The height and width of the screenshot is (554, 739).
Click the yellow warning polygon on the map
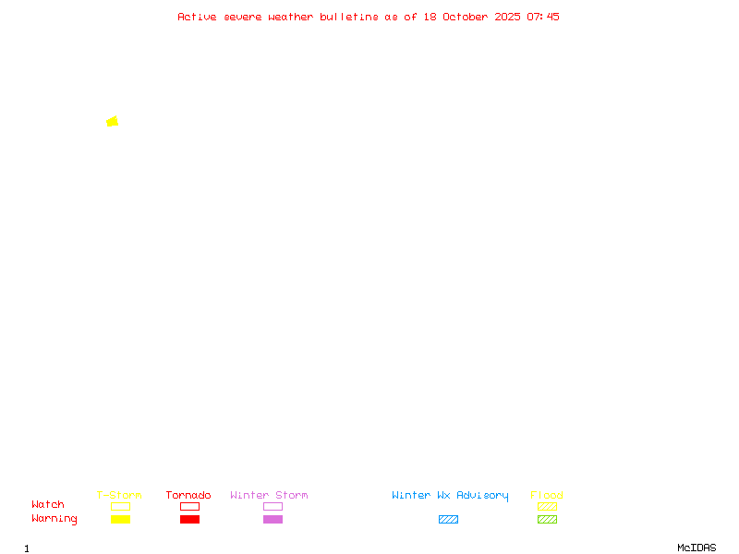[x=113, y=121]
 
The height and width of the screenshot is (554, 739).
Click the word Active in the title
[x=197, y=17]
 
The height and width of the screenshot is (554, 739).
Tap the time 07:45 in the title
[x=543, y=17]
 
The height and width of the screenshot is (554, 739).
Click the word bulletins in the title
[x=349, y=17]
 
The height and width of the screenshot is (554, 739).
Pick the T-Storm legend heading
[x=119, y=495]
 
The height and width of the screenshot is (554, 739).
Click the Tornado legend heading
[x=188, y=495]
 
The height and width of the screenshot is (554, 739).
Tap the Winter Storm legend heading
[x=269, y=495]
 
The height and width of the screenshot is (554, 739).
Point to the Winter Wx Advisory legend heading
[x=450, y=495]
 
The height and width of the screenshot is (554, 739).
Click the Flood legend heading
[x=547, y=495]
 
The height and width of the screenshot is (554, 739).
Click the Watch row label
[x=48, y=505]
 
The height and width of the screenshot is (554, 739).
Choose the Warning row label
[x=55, y=519]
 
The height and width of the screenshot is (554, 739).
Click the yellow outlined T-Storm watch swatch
[x=120, y=506]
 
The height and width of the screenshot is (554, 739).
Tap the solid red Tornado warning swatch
[x=189, y=519]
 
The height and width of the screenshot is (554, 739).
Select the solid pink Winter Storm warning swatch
[x=273, y=519]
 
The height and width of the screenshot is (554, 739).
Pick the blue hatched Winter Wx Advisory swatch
[x=448, y=519]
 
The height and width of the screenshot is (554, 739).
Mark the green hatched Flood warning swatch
[x=547, y=519]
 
